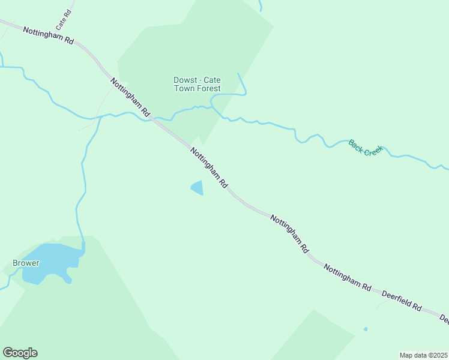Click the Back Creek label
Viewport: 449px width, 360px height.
[365, 147]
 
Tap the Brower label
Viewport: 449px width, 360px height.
[26, 263]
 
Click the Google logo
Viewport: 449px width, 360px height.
[20, 353]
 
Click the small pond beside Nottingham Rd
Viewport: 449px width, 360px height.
[197, 188]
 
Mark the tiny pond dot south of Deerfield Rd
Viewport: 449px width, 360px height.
[366, 329]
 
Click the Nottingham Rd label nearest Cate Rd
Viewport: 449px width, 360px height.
[48, 37]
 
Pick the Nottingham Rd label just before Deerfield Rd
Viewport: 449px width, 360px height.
[348, 277]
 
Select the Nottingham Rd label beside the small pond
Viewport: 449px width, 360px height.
[209, 167]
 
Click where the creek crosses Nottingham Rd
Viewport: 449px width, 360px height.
[149, 118]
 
